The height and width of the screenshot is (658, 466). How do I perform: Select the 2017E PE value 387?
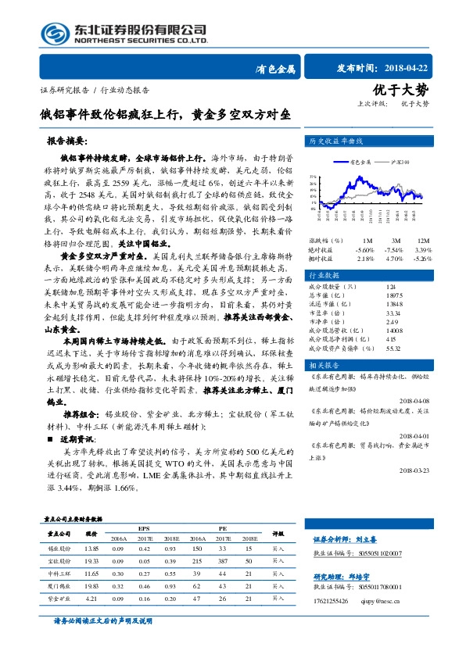223,561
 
